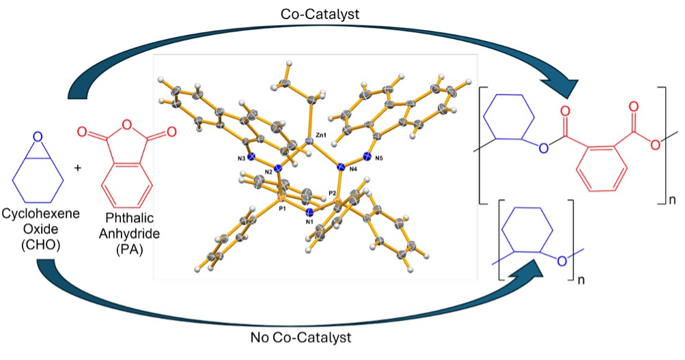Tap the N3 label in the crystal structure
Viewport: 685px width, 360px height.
[x=241, y=158]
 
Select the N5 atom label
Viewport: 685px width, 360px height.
[x=382, y=158]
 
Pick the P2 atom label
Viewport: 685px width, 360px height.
[x=333, y=193]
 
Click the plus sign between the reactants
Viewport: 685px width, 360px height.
[x=77, y=167]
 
